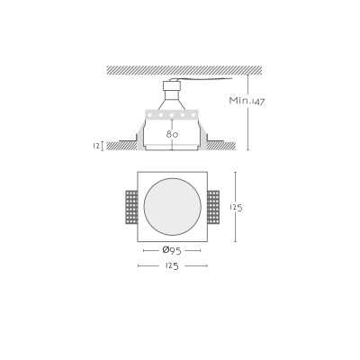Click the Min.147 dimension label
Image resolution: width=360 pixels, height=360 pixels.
tap(247, 101)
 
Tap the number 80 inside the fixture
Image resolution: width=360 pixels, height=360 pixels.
tap(172, 134)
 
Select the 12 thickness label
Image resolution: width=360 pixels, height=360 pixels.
tap(96, 146)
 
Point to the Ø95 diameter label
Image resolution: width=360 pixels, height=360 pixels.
tap(172, 250)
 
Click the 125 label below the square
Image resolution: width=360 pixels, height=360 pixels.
tap(172, 265)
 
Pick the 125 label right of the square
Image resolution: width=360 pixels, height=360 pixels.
tap(237, 207)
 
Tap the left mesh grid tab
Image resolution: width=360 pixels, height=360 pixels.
tap(131, 207)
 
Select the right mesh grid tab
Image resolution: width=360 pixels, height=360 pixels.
tap(213, 207)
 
